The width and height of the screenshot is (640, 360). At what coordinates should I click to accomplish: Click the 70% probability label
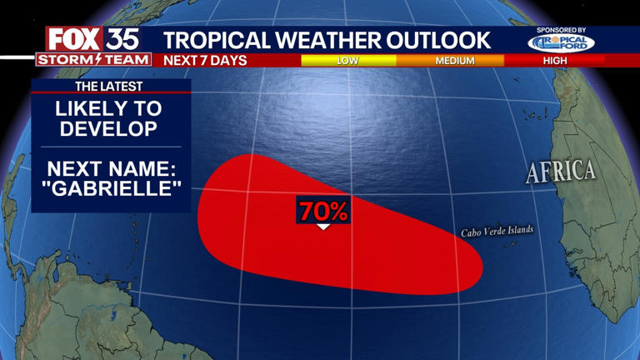click(323, 211)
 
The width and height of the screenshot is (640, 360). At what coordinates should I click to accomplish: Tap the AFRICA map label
click(561, 172)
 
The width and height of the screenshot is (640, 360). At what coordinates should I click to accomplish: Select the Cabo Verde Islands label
click(497, 232)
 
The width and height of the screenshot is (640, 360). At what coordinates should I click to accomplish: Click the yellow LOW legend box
click(348, 61)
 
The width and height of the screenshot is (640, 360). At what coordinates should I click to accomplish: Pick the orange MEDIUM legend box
click(454, 61)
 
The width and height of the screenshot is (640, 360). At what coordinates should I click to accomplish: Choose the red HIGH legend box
click(554, 61)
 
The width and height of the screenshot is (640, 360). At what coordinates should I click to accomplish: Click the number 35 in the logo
click(122, 39)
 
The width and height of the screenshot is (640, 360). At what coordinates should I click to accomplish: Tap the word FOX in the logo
click(73, 39)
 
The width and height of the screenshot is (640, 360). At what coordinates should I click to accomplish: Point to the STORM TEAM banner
click(93, 60)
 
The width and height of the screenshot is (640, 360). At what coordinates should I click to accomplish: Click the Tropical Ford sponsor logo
click(560, 42)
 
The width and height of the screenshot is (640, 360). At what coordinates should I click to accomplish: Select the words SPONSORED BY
click(560, 30)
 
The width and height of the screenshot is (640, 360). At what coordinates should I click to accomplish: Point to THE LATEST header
click(109, 87)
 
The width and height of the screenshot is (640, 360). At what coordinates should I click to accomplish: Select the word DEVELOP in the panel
click(109, 129)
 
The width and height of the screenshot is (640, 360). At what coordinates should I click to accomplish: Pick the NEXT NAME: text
click(109, 165)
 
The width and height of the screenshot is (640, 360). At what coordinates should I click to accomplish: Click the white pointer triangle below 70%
click(323, 226)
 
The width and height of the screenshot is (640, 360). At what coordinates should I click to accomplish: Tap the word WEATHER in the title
click(325, 39)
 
